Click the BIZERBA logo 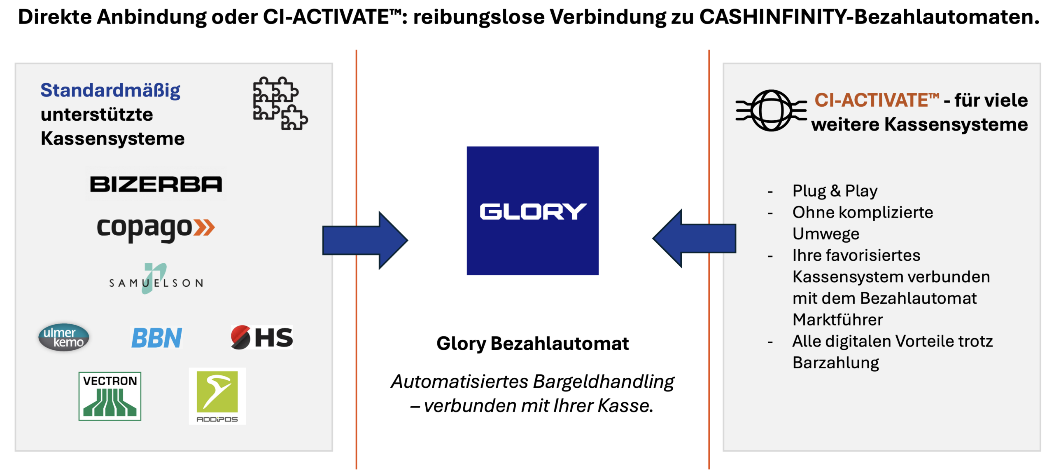pyautogui.click(x=156, y=184)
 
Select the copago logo pyautogui.click(x=156, y=228)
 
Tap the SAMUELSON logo pyautogui.click(x=156, y=279)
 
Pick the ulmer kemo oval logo pyautogui.click(x=64, y=337)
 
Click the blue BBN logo pyautogui.click(x=157, y=338)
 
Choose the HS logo pyautogui.click(x=262, y=337)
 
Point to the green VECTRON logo pyautogui.click(x=110, y=396)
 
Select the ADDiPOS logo pyautogui.click(x=217, y=396)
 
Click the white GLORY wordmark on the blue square pyautogui.click(x=533, y=211)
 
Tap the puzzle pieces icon pyautogui.click(x=280, y=103)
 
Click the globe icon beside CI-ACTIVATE pyautogui.click(x=771, y=110)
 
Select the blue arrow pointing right pyautogui.click(x=365, y=241)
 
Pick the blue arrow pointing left pyautogui.click(x=695, y=239)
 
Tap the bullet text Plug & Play pyautogui.click(x=835, y=191)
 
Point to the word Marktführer pyautogui.click(x=838, y=320)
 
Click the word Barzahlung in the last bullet pyautogui.click(x=836, y=363)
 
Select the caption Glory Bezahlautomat pyautogui.click(x=533, y=344)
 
